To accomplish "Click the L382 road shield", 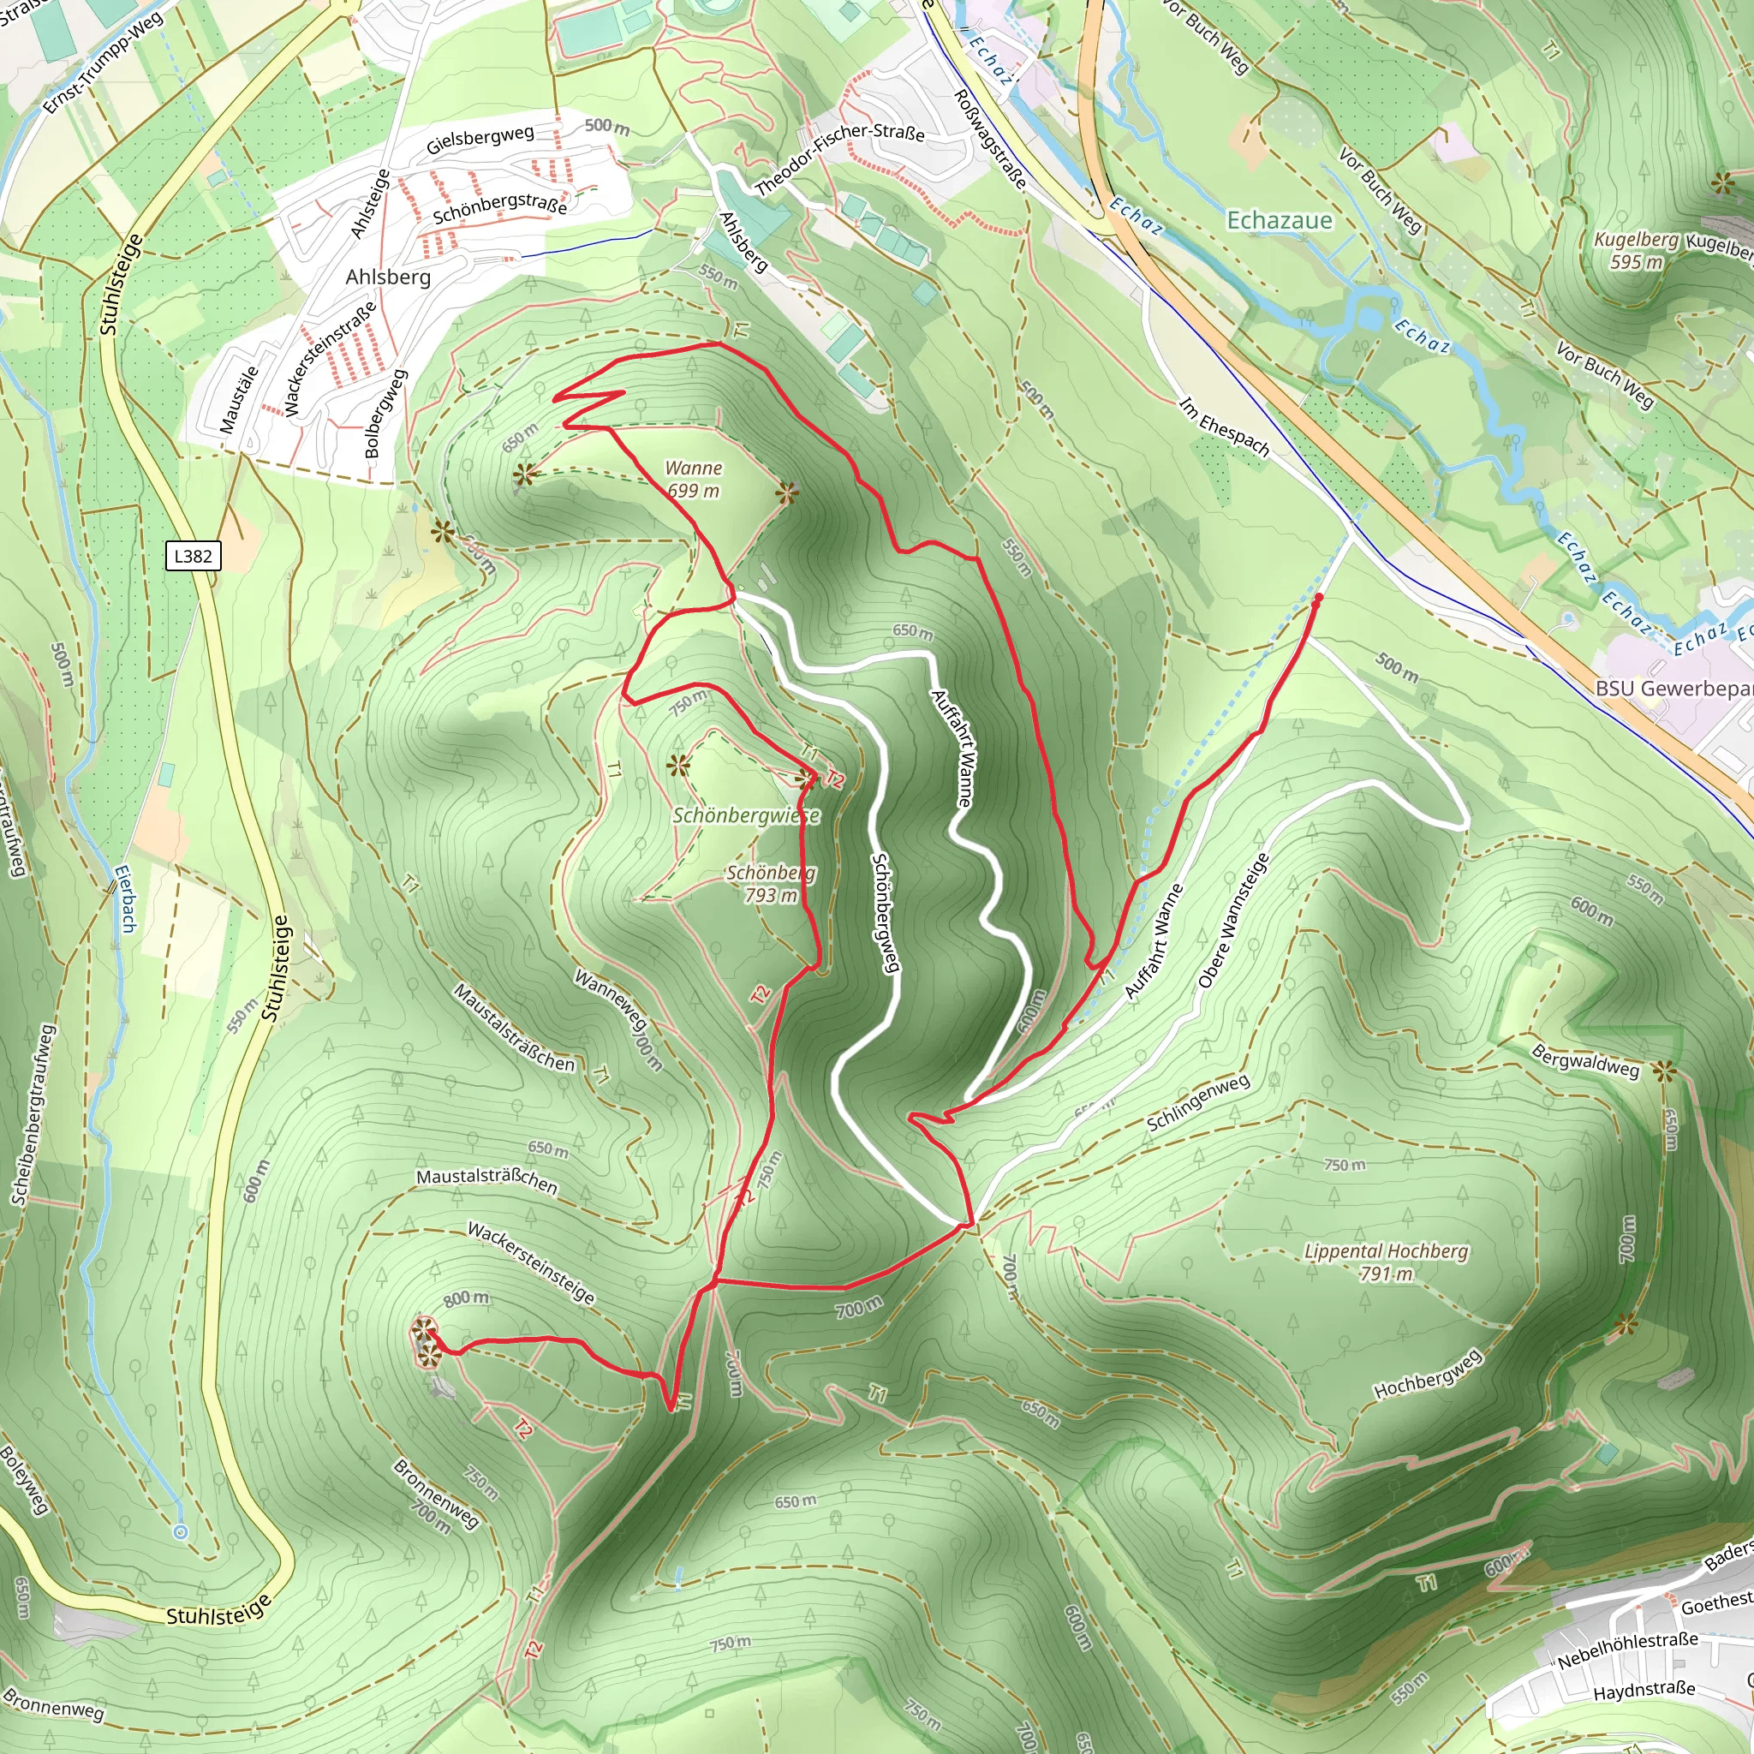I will coord(193,556).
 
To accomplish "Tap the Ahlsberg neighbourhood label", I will coord(388,277).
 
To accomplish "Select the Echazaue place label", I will coord(1280,220).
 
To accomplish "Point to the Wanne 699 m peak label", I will coord(694,480).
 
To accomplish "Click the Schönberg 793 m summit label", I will coord(771,883).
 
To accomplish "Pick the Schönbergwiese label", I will coord(746,815).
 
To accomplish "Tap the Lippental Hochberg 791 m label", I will coord(1386,1262).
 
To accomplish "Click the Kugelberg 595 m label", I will coord(1636,251).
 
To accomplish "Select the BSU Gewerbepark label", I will coord(1673,689).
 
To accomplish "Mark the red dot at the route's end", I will coord(1317,599).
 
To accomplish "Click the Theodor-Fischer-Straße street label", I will coord(840,159).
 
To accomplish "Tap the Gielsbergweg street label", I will coord(480,140).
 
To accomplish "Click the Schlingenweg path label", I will coord(1197,1102).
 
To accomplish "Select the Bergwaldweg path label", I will coord(1585,1060).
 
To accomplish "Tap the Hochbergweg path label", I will coord(1427,1374).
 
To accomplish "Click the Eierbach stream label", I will coord(124,898).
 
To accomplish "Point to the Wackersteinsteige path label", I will coord(531,1263).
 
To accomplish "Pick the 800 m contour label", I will coord(466,1298).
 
